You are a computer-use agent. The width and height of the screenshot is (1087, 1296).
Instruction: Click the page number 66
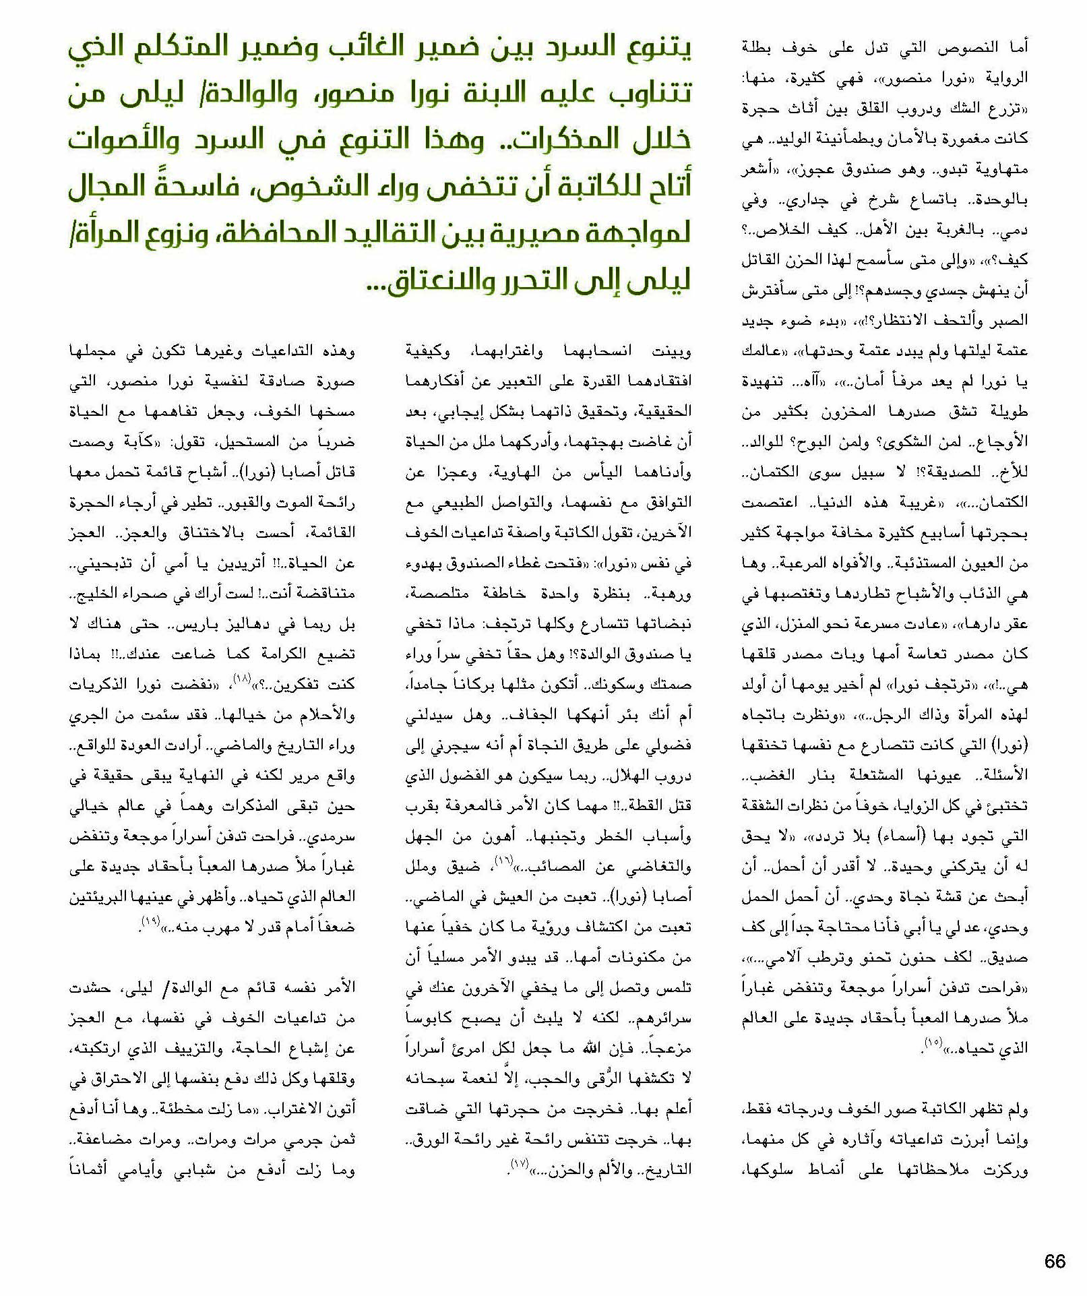tap(1055, 1261)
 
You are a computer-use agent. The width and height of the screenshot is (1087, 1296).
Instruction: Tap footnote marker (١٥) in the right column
tap(933, 1044)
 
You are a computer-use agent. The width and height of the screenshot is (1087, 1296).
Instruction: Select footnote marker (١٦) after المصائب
tap(504, 861)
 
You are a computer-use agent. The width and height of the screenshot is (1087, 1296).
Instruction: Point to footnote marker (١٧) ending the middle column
tap(520, 1164)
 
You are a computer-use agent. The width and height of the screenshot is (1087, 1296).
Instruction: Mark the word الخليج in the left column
tap(94, 594)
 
